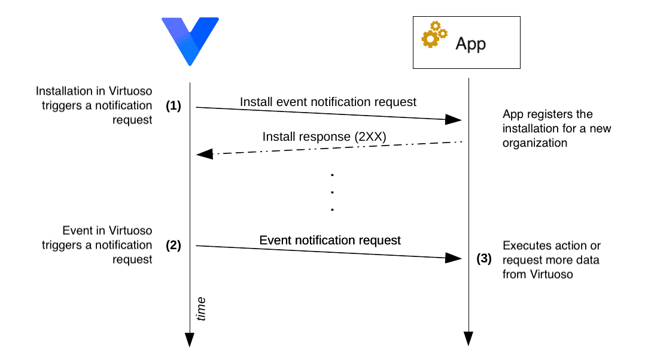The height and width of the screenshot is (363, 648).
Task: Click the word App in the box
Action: pos(471,44)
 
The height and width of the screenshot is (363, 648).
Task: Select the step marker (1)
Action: pos(174,105)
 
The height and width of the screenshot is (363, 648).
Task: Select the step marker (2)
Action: pos(174,245)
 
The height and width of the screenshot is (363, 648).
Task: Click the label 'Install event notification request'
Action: pos(328,102)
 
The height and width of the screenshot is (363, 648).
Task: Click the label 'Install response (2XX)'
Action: pos(324,137)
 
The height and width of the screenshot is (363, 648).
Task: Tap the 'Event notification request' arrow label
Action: pos(330,240)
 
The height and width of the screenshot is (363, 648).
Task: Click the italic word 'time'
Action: pos(202,308)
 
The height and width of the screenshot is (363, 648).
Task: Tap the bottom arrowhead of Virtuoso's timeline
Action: pos(190,340)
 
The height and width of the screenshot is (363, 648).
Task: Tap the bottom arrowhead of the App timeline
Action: pos(468,338)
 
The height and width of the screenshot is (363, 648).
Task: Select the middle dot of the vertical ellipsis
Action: pos(331,192)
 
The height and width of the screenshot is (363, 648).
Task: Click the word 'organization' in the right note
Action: pos(535,144)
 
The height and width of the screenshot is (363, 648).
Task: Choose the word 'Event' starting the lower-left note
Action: pos(76,231)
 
